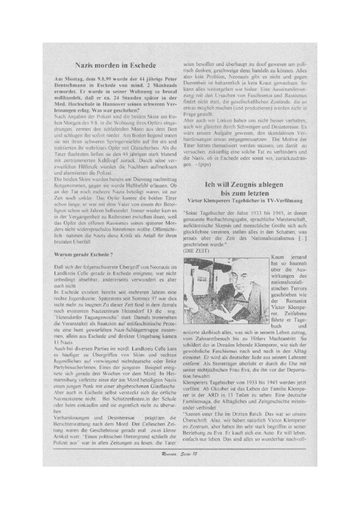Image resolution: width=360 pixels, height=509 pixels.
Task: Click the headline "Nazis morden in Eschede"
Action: (x=116, y=66)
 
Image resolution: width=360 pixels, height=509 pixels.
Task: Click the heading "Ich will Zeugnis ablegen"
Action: (x=244, y=185)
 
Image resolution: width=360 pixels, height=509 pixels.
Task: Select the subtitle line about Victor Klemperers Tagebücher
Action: (x=245, y=201)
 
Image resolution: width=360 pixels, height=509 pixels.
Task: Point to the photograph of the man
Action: (x=225, y=290)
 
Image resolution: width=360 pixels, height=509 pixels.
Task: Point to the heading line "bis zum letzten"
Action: (x=243, y=193)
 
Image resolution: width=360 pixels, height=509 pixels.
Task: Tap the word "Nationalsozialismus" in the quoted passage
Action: (x=269, y=238)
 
